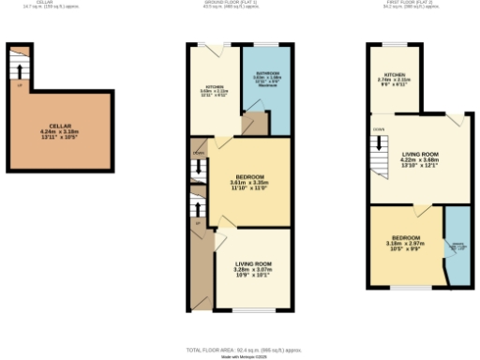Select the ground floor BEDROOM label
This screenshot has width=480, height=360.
[x=248, y=177]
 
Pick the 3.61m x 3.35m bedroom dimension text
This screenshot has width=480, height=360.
[x=248, y=184]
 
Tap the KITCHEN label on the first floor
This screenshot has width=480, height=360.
[x=394, y=74]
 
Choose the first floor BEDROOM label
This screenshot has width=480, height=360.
[x=405, y=237]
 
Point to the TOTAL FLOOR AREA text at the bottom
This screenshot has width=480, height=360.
[x=239, y=348]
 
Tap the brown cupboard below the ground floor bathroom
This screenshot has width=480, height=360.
[x=252, y=125]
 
